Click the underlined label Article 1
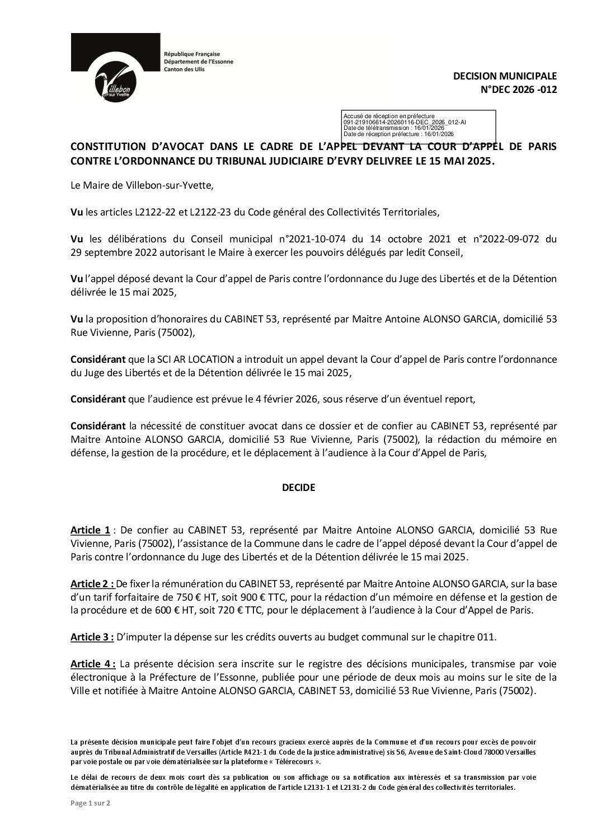(90, 530)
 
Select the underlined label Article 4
(93, 664)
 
